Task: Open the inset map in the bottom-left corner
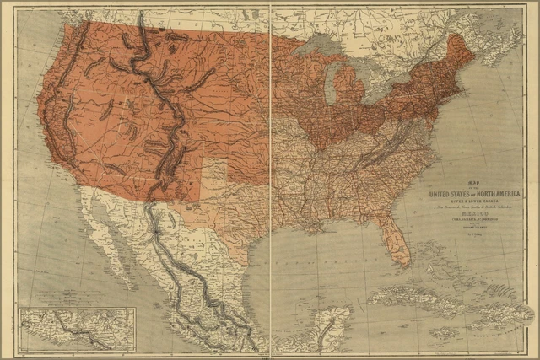point(77,329)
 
